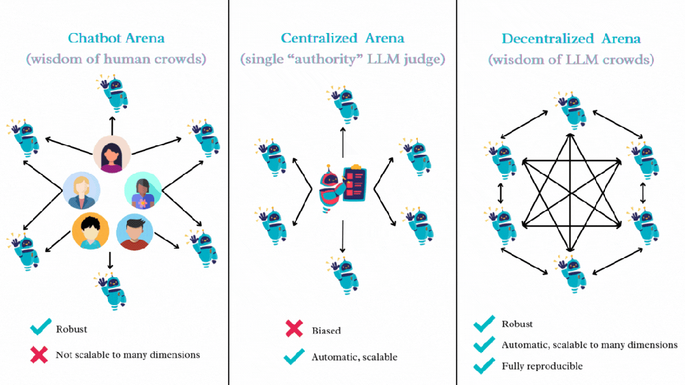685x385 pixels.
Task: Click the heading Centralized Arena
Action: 343,39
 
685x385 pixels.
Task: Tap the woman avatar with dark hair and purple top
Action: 112,155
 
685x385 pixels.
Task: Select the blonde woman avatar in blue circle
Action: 81,190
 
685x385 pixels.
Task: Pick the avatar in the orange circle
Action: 90,232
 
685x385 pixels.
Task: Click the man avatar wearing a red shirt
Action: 135,232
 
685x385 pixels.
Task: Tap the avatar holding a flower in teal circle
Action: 142,190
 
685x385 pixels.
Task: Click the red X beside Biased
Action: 294,329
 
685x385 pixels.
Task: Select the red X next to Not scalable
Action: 39,355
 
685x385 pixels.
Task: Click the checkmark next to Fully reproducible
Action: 484,365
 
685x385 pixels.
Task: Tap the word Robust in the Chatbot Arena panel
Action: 72,329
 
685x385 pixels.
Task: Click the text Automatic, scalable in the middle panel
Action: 354,357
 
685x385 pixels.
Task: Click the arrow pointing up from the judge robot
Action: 343,141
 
